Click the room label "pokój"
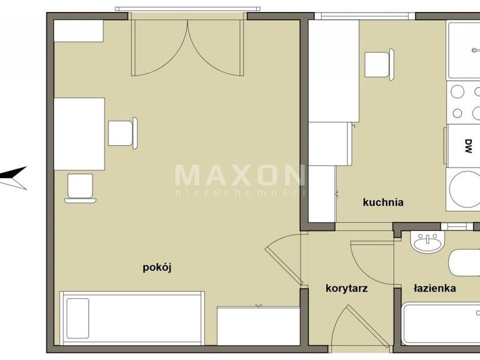tap(157, 268)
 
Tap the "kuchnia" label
tap(383, 202)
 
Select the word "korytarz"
tap(347, 289)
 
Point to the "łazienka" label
tap(434, 288)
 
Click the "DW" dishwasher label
tap(468, 146)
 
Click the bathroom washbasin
tap(428, 242)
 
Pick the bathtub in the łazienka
tap(441, 324)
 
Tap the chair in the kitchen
tap(379, 65)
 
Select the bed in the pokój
tap(132, 318)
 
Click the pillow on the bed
tap(78, 319)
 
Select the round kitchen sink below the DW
tap(464, 189)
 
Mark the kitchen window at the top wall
tap(365, 16)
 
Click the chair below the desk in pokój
tap(80, 188)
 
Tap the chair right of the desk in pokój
tap(123, 133)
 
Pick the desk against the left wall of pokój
tap(79, 134)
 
